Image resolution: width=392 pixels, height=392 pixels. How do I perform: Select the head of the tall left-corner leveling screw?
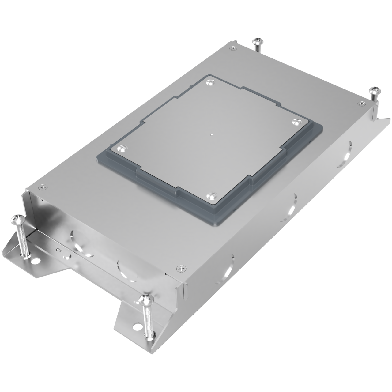[15, 219]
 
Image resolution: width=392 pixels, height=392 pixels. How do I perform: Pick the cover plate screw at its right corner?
[295, 122]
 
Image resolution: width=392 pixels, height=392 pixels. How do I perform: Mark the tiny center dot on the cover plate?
[210, 134]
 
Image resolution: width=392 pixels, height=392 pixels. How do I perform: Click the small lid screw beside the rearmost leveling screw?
[234, 48]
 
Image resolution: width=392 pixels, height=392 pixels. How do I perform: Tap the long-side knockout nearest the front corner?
[228, 266]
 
